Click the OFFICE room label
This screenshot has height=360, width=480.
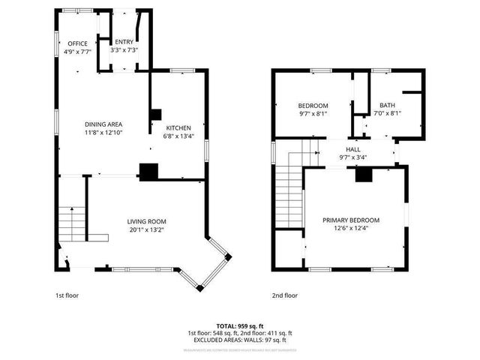point(78,43)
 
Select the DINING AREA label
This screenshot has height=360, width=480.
point(103,124)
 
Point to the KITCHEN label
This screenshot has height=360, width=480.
point(178,127)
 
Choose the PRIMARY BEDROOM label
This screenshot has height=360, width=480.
point(351,220)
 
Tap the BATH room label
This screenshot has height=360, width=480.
point(387,105)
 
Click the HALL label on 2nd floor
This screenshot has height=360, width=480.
point(352,149)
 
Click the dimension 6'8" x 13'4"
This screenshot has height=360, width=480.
point(178,136)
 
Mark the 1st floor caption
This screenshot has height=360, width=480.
point(67,295)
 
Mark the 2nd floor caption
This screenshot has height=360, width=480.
point(285,295)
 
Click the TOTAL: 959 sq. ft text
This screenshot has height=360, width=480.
point(240,325)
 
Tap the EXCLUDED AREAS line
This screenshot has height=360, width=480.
point(240,340)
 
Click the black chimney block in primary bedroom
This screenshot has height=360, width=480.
point(364,175)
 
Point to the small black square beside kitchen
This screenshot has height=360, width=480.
point(155,115)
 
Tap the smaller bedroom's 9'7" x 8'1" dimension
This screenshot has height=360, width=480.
point(313,113)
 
